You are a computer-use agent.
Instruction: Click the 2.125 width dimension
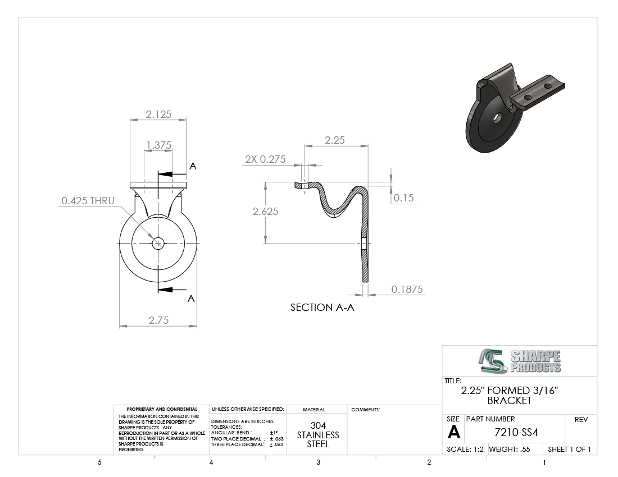(158, 114)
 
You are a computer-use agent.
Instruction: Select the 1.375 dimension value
(159, 145)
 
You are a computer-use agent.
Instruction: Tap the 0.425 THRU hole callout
(88, 201)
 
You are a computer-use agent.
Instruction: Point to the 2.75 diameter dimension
(158, 320)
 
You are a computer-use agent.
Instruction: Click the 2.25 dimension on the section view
(335, 140)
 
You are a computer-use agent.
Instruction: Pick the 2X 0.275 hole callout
(265, 159)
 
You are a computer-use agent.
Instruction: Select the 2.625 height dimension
(265, 212)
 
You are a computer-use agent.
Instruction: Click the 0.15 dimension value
(404, 198)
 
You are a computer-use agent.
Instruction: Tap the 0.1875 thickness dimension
(407, 289)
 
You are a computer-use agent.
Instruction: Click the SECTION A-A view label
(322, 308)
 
